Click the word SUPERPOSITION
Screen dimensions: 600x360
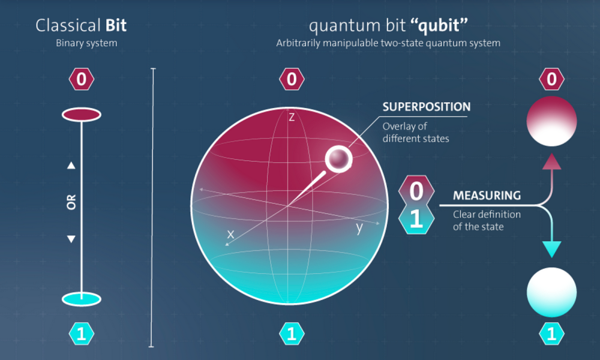426,107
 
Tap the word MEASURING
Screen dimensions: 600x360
487,196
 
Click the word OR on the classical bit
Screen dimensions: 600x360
71,202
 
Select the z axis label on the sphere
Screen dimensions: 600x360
292,117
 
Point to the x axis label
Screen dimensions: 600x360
230,234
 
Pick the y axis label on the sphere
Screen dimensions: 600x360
359,227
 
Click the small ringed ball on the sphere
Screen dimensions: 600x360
338,159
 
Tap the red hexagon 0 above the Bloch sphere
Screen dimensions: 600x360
292,79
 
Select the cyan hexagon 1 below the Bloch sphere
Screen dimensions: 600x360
292,334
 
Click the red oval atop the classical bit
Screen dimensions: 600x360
82,115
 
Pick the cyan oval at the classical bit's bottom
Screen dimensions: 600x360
82,299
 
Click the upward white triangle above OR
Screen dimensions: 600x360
71,165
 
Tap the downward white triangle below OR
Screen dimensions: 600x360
71,239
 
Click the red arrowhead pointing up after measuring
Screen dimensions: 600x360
552,161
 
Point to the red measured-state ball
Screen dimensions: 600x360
551,121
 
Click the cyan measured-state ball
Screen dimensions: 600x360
551,292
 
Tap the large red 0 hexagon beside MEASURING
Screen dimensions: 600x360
416,191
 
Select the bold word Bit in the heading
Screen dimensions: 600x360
116,26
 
